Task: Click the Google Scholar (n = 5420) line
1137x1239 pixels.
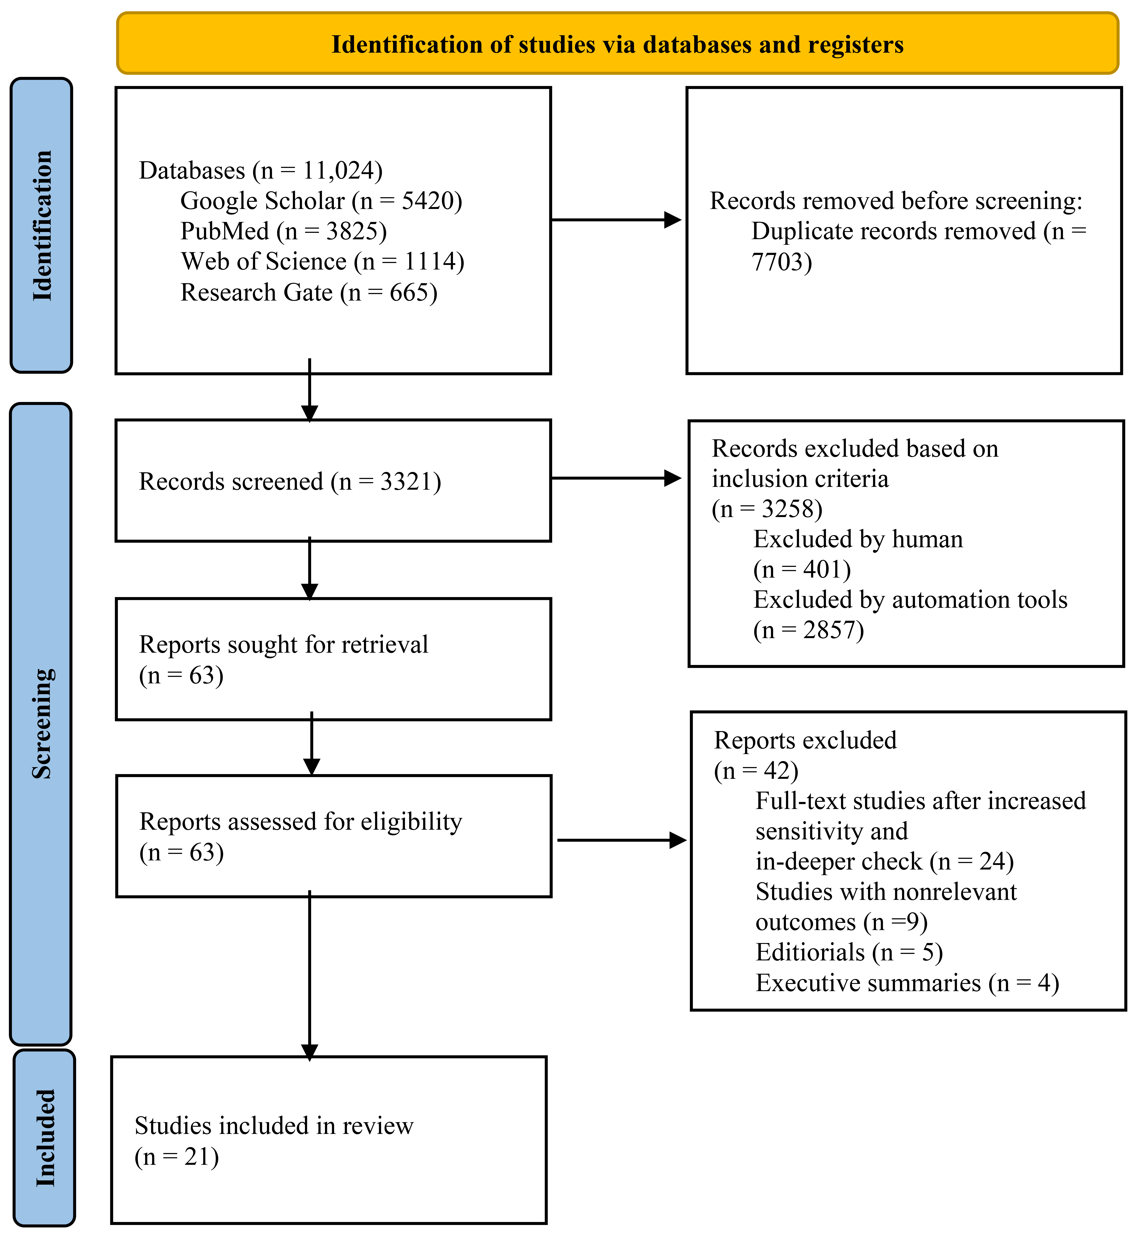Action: tap(321, 201)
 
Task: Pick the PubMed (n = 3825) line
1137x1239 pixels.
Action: tap(284, 231)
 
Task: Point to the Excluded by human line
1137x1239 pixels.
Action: tap(858, 539)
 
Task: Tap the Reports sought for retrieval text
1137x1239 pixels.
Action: tap(284, 644)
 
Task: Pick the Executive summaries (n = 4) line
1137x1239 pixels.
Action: tap(907, 982)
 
